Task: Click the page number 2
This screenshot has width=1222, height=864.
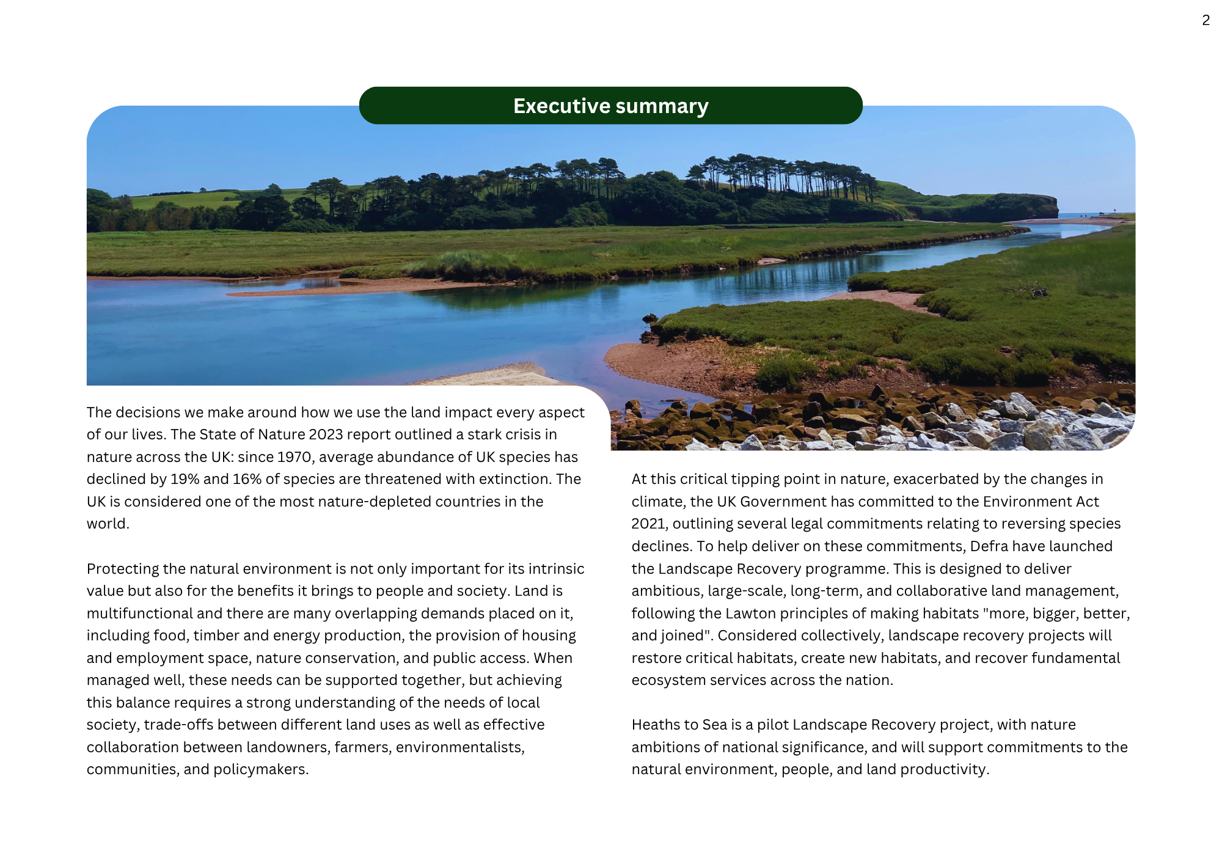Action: point(1206,20)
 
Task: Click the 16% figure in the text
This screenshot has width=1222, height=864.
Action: point(247,479)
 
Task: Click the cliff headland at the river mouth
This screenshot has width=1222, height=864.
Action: point(1026,207)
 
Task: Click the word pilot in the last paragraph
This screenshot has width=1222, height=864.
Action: point(772,725)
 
